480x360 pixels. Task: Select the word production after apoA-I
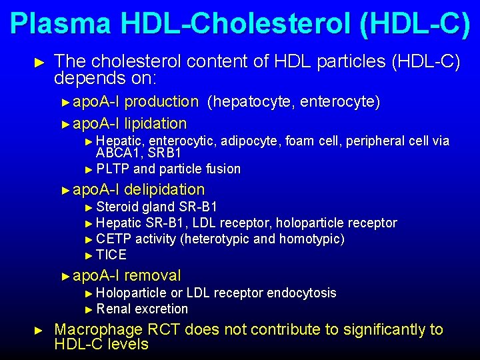point(161,102)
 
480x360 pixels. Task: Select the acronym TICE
point(111,255)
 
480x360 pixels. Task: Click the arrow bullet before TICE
point(91,255)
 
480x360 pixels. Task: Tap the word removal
point(152,275)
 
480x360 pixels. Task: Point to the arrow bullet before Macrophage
point(39,330)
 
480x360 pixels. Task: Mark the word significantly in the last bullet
point(357,330)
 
